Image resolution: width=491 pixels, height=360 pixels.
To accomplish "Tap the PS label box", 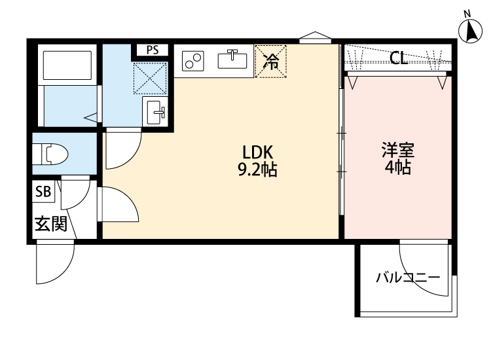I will coord(152,49).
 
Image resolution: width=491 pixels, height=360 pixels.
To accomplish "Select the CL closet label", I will coord(399,58).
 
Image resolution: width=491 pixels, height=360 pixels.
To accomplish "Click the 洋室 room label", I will coord(397,151).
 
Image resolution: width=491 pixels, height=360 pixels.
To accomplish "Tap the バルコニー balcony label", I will coord(407,277).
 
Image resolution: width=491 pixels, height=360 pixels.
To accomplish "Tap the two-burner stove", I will coord(194,60).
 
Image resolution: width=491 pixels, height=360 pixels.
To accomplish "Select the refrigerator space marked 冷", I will coord(270,61).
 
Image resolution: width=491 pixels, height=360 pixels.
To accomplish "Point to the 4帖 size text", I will coord(397,168).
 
